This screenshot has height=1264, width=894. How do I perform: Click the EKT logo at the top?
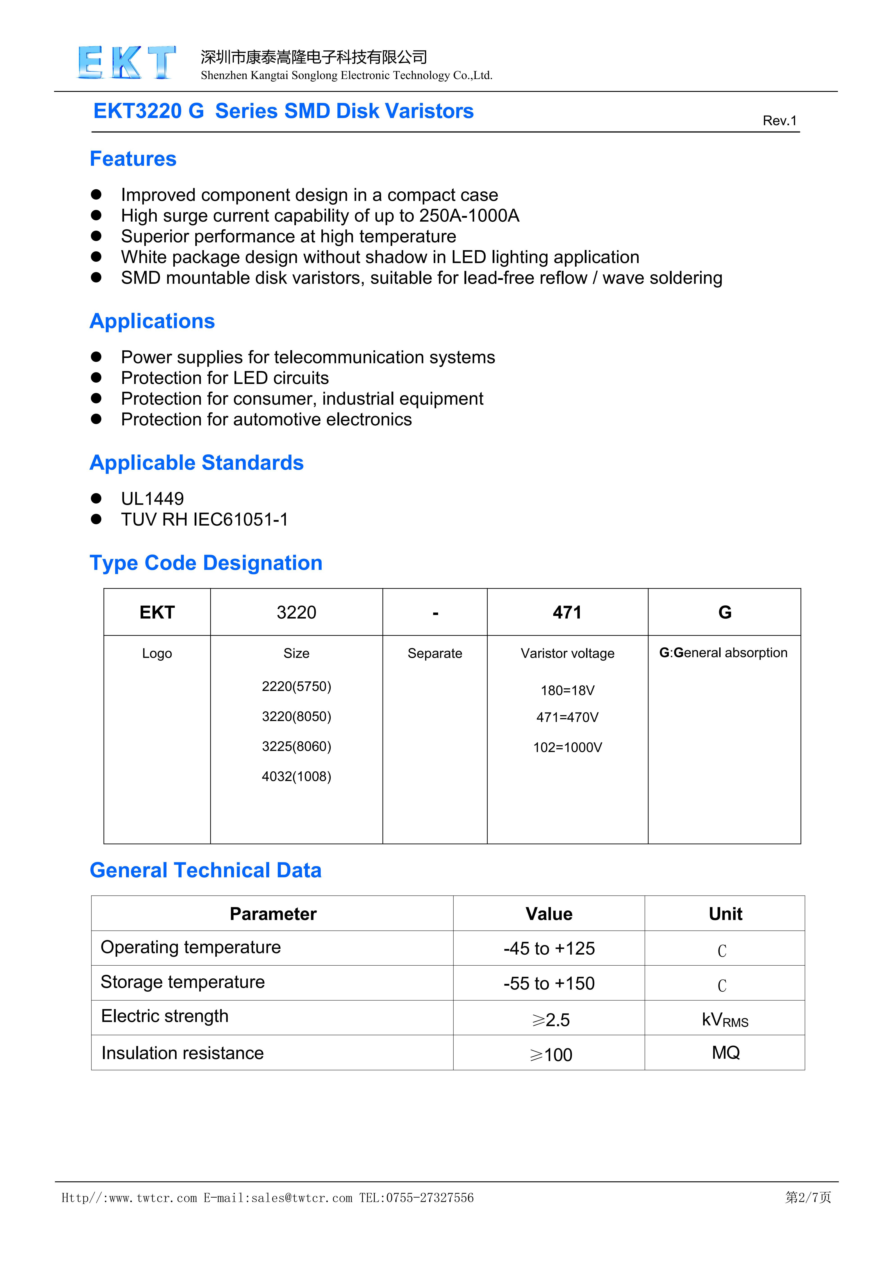(x=127, y=62)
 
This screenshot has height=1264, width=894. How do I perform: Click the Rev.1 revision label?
(x=779, y=120)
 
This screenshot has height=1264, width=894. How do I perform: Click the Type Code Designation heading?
(x=206, y=563)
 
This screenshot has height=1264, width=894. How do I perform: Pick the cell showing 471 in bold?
(x=567, y=612)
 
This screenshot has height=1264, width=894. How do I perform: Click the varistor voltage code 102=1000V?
(x=568, y=747)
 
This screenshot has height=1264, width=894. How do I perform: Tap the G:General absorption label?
(x=723, y=653)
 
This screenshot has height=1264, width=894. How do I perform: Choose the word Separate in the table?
(x=435, y=654)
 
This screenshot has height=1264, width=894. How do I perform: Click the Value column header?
(x=549, y=914)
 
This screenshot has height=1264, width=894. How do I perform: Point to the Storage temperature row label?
(x=183, y=982)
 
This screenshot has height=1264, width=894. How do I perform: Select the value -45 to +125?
(x=549, y=949)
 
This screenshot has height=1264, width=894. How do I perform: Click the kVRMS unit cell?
(x=725, y=1019)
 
